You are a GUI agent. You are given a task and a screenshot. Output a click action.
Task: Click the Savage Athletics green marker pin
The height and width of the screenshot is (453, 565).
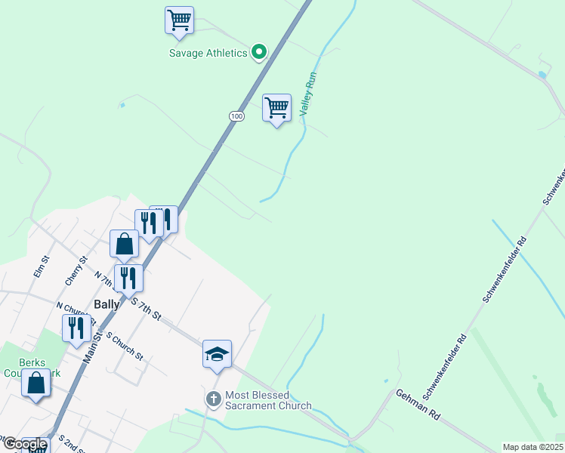click(259, 52)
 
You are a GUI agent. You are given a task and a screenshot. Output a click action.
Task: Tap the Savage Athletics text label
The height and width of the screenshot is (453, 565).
click(208, 53)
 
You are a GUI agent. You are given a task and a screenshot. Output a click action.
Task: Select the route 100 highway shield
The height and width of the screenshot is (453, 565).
click(237, 116)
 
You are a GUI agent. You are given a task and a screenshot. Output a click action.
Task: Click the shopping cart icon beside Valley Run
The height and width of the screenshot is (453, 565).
click(277, 108)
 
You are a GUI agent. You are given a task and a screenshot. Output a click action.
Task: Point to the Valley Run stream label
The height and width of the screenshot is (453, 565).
click(307, 93)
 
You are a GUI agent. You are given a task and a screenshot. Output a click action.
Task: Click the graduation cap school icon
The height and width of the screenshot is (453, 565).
click(217, 353)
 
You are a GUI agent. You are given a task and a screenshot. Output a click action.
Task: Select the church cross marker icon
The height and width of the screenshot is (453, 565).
click(214, 399)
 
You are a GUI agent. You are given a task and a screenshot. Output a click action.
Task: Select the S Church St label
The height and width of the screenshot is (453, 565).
click(125, 344)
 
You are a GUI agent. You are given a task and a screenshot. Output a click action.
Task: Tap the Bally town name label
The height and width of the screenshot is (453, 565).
click(104, 304)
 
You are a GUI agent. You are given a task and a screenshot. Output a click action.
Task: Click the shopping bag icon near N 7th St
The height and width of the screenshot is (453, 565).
click(125, 244)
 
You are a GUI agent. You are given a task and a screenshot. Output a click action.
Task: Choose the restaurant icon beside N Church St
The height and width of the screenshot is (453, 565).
click(76, 328)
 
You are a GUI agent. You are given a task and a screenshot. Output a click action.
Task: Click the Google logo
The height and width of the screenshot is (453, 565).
click(25, 444)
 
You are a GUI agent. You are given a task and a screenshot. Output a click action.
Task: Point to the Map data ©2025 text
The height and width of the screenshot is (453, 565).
click(533, 447)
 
